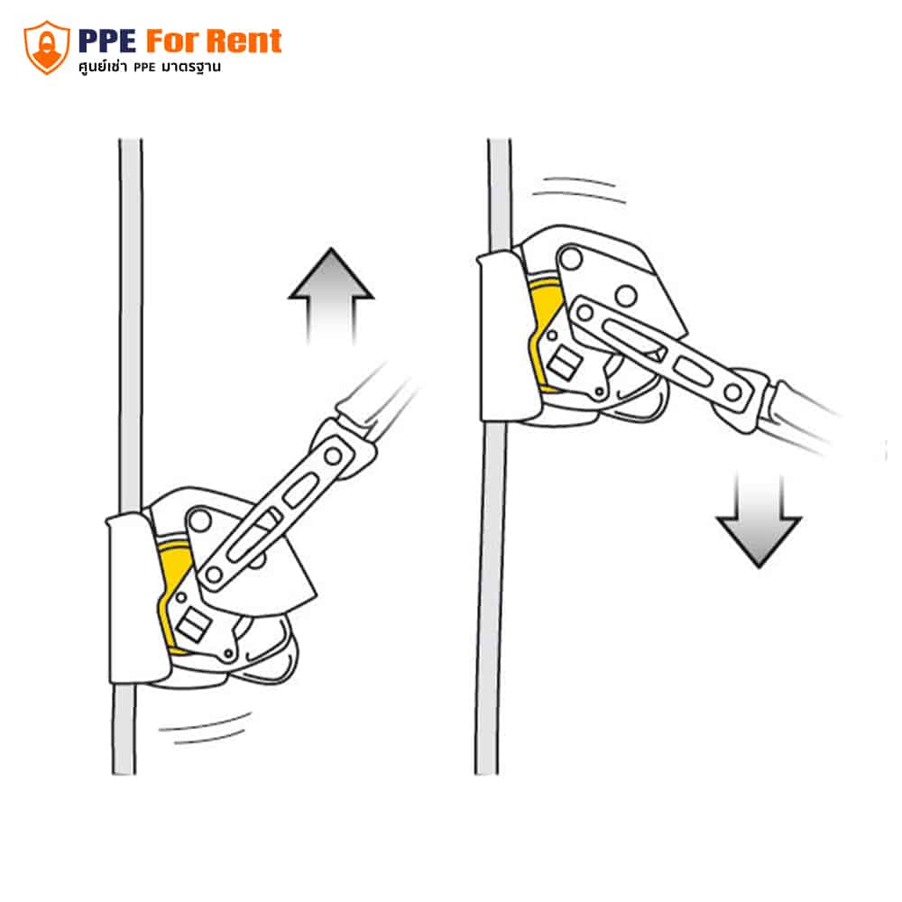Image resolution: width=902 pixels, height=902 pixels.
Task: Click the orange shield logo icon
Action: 47,48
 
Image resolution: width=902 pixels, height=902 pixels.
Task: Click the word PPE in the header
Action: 107,41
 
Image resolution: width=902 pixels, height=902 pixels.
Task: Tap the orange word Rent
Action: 244,41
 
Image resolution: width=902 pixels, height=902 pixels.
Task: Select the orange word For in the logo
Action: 172,41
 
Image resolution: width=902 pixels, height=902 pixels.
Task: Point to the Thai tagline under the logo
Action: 150,68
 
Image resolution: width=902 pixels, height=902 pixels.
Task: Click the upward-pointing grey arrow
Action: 331,296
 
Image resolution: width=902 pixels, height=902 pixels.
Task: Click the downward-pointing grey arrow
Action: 759,520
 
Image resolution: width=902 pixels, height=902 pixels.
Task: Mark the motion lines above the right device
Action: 579,189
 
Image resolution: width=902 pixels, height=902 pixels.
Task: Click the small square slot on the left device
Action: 193,625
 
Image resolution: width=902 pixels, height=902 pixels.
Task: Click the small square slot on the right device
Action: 564,364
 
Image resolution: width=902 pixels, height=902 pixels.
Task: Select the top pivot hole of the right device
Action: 571,258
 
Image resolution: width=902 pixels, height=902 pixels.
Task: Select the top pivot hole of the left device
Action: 199,520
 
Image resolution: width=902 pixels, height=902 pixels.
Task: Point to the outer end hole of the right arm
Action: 732,393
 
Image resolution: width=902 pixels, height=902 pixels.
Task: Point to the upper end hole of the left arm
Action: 333,456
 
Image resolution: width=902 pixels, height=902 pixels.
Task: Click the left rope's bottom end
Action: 124,773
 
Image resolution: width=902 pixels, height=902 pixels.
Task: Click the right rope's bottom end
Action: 486,773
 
